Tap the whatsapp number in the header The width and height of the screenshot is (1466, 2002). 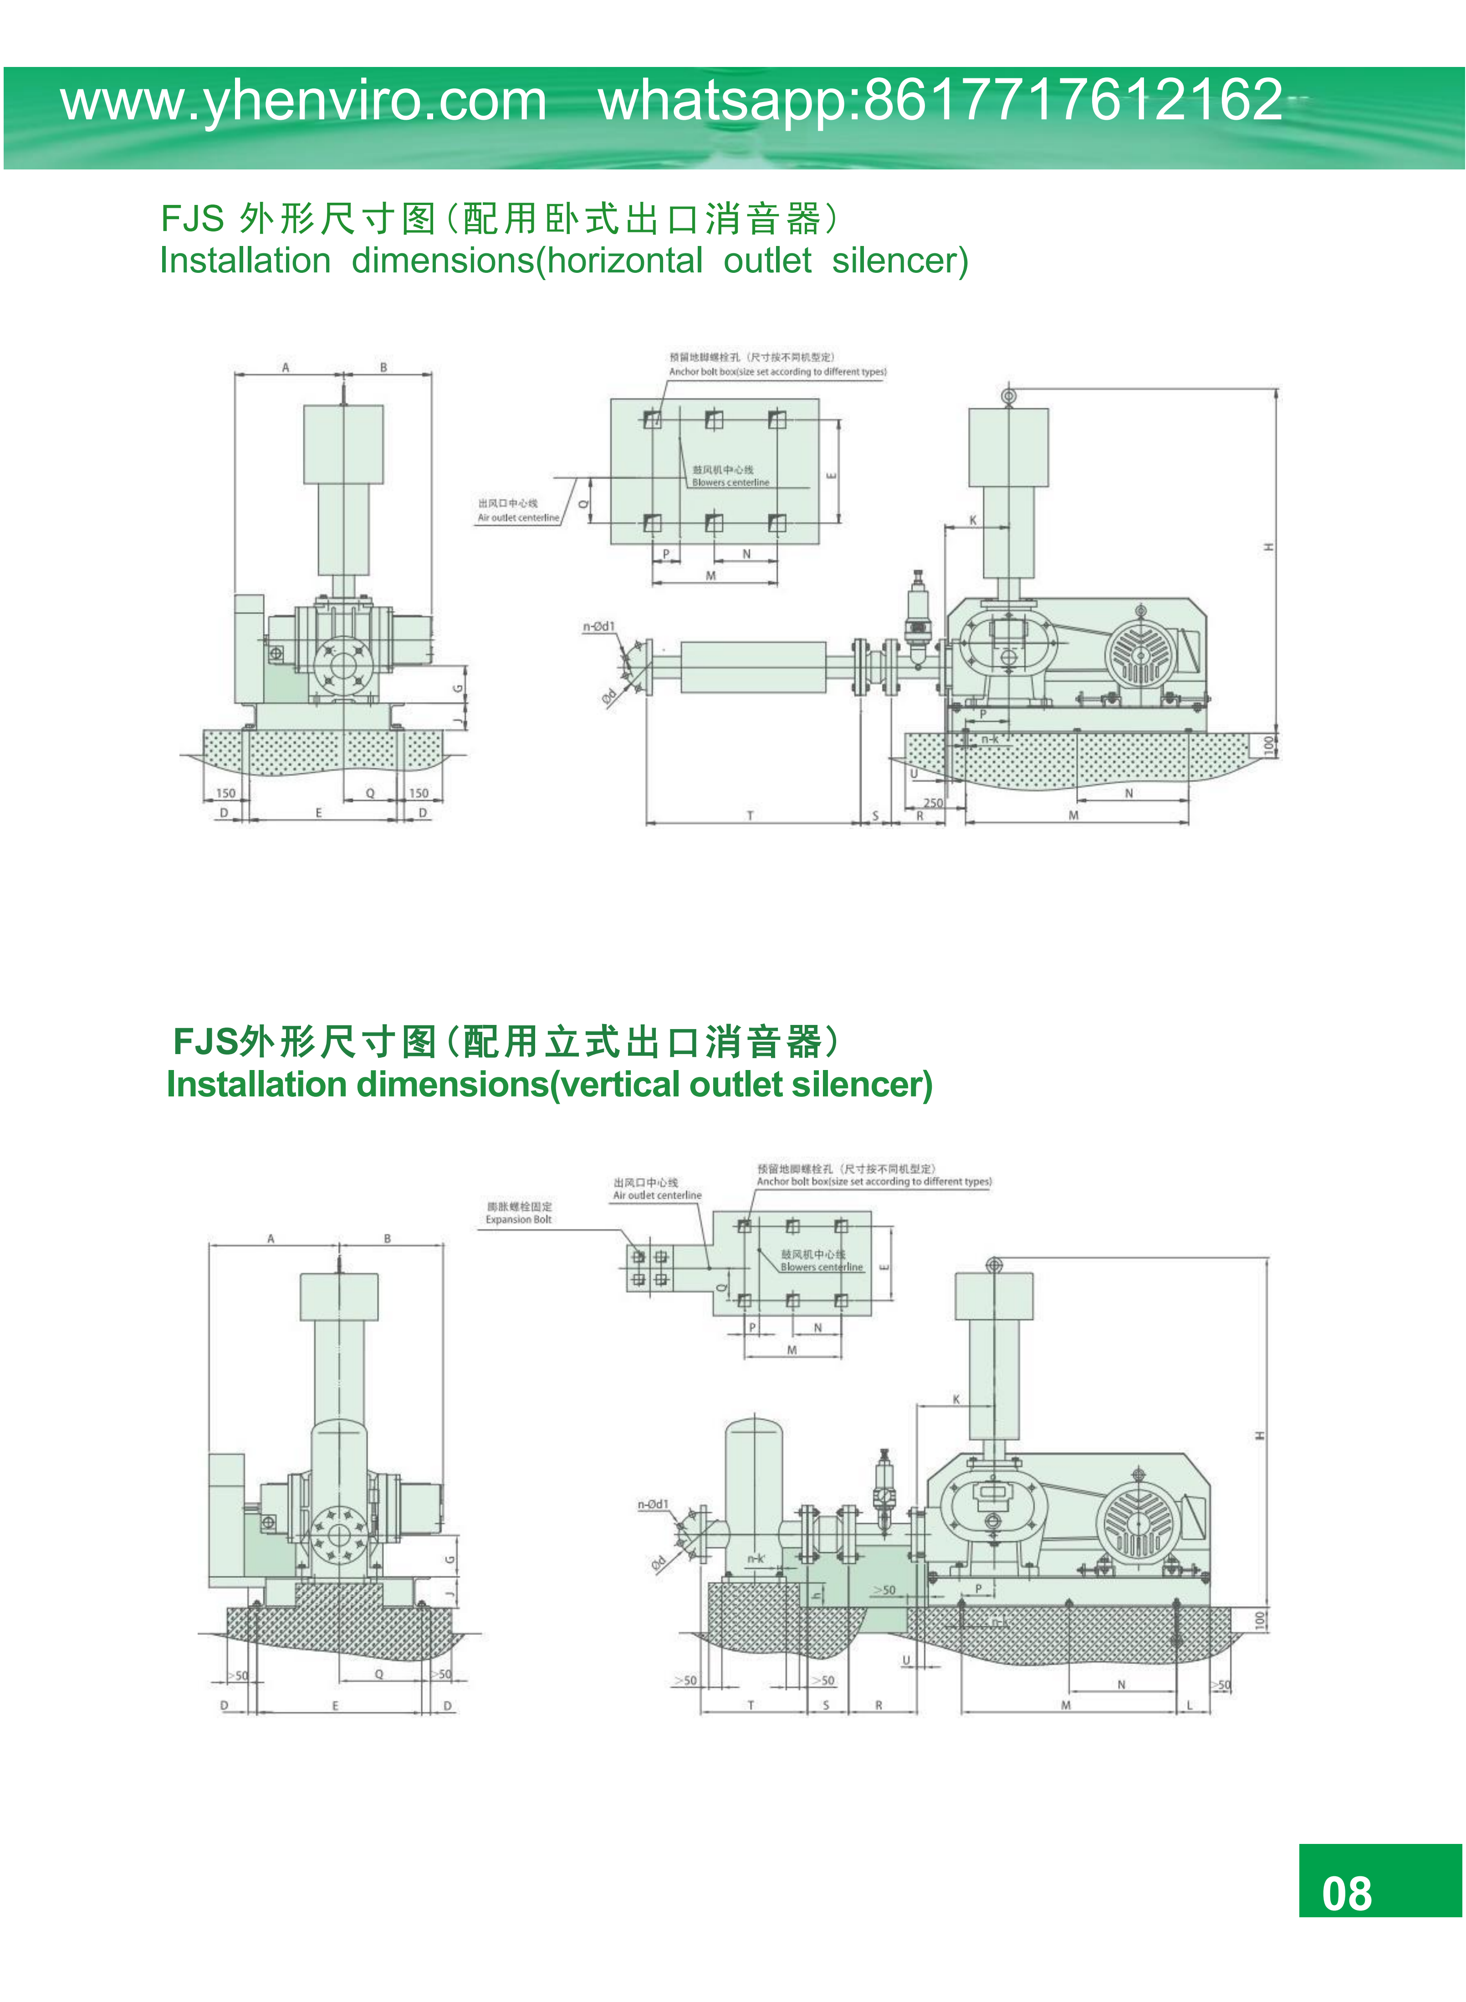940,99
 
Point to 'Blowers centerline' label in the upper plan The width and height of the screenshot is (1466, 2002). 730,483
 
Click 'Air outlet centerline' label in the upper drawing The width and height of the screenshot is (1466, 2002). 518,517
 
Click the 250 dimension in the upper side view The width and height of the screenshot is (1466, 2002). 934,802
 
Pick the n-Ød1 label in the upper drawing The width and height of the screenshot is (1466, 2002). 599,626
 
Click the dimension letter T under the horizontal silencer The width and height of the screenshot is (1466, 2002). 750,814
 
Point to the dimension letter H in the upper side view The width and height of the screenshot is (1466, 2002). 1269,546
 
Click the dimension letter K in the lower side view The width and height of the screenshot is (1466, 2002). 956,1399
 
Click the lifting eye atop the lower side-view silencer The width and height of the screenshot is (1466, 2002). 994,1265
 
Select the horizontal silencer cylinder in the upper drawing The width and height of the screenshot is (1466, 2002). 752,666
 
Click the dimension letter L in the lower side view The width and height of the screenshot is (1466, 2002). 1190,1705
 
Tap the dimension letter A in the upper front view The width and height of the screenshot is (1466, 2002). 286,368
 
